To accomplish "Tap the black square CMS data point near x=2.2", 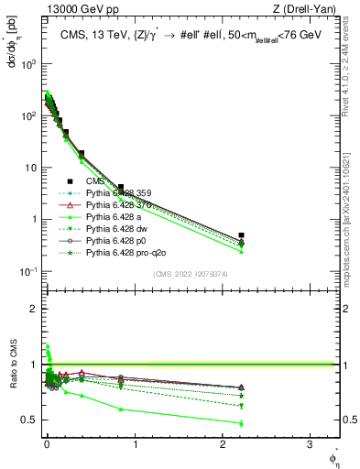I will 242,235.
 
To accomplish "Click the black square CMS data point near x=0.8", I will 121,187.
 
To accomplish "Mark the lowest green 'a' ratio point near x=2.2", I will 242,423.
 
